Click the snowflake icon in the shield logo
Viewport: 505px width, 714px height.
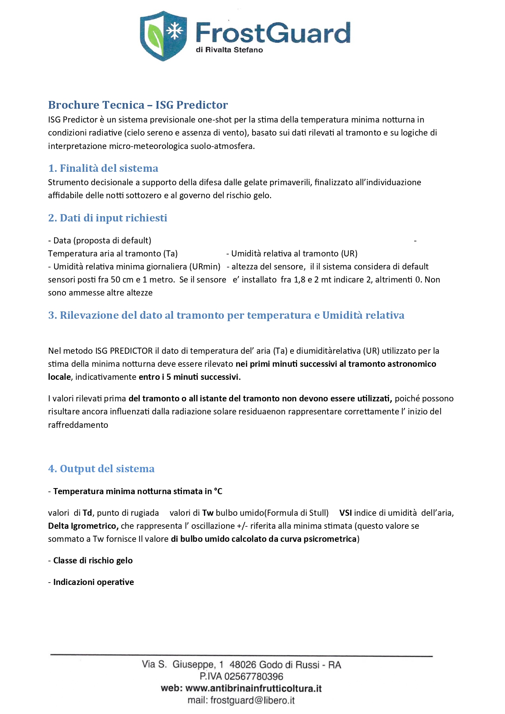pyautogui.click(x=175, y=31)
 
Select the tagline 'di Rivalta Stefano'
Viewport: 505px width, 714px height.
pyautogui.click(x=229, y=50)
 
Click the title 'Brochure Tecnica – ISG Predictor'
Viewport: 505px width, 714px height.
pyautogui.click(x=138, y=105)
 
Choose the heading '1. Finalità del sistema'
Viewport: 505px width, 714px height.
pyautogui.click(x=103, y=168)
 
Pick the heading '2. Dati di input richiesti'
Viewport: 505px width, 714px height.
pyautogui.click(x=107, y=218)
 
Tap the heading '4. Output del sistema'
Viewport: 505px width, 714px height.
pyautogui.click(x=101, y=469)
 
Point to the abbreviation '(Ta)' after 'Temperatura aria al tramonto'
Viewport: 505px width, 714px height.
pyautogui.click(x=171, y=254)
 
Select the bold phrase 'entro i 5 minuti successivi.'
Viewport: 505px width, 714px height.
pyautogui.click(x=190, y=377)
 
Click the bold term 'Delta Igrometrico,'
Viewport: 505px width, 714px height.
pyautogui.click(x=83, y=526)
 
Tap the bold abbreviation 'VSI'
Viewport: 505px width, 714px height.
pyautogui.click(x=345, y=513)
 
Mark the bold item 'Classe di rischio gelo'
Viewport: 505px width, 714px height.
pyautogui.click(x=93, y=561)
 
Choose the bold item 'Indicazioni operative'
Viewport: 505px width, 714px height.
pyautogui.click(x=94, y=582)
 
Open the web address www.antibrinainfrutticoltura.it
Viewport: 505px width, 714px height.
pyautogui.click(x=254, y=688)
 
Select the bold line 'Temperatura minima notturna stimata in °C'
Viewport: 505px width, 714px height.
pyautogui.click(x=138, y=491)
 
